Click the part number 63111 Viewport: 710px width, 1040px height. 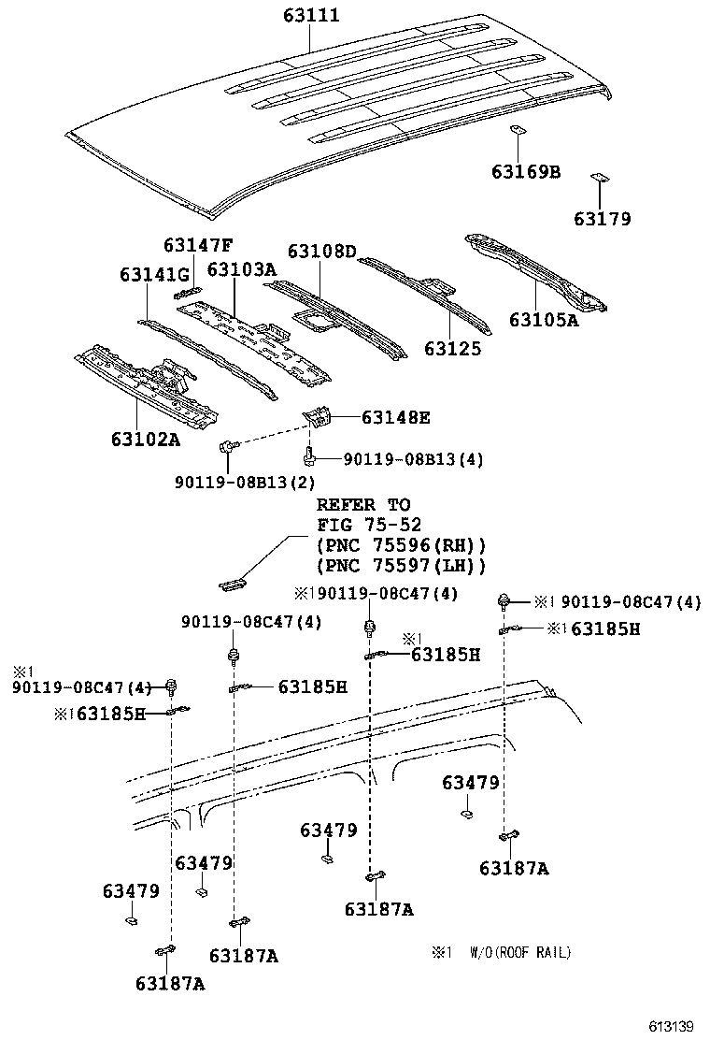(312, 16)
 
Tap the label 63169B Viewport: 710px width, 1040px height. (526, 171)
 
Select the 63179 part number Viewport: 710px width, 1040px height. (602, 219)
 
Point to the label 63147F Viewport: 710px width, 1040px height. (197, 245)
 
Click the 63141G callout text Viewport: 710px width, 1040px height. (154, 274)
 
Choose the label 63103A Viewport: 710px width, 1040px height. (241, 269)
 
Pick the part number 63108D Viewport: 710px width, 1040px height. (321, 251)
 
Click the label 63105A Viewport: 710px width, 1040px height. (544, 320)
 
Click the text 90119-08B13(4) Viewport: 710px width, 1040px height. (413, 459)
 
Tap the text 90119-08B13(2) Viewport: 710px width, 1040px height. (245, 482)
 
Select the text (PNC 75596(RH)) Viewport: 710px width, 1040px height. (402, 545)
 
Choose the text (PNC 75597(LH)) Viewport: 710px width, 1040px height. (402, 566)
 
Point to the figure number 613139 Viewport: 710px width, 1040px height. (674, 1026)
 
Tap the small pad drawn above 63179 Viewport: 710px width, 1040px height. (599, 178)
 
